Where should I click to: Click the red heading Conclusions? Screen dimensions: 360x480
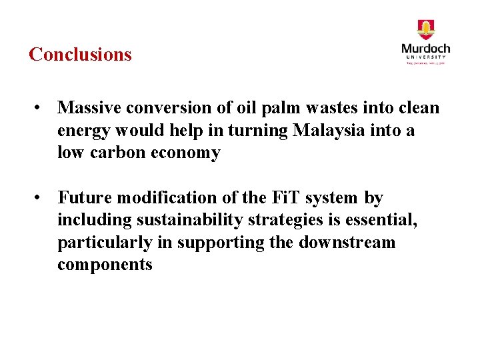click(x=80, y=54)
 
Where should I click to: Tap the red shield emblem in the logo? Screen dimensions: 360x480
click(x=425, y=30)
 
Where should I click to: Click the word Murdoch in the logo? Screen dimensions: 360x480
click(x=425, y=49)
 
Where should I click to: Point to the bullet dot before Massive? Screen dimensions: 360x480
click(x=41, y=107)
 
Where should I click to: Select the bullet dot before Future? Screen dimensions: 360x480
click(x=41, y=198)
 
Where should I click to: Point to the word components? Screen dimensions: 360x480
click(x=105, y=265)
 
